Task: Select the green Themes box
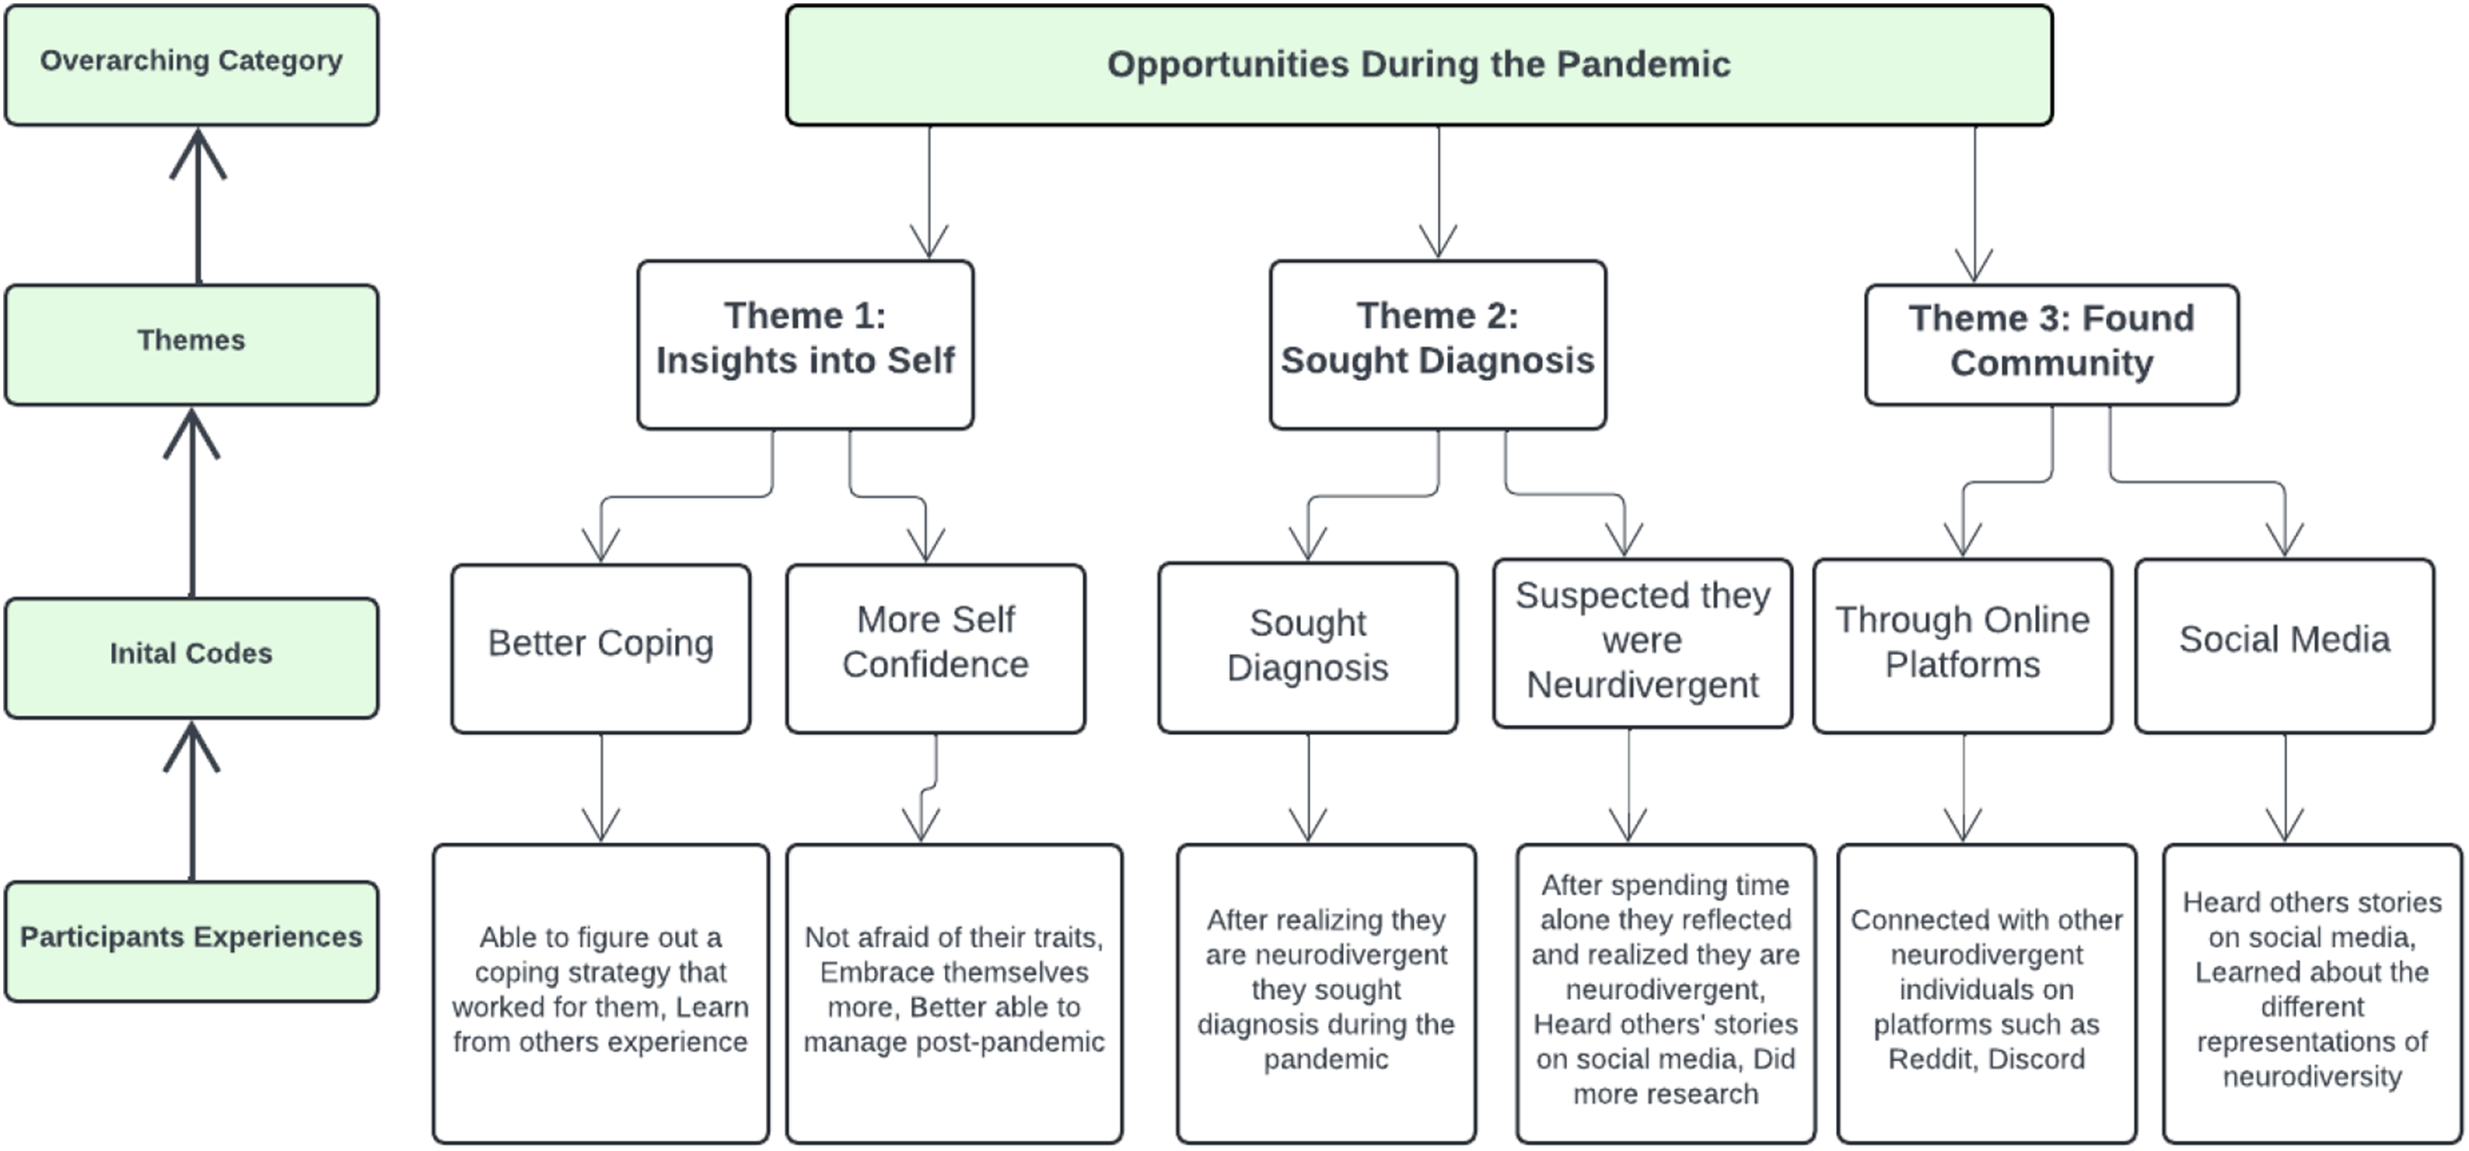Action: pyautogui.click(x=192, y=344)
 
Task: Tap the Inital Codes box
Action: pyautogui.click(x=192, y=658)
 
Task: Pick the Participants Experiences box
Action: pyautogui.click(x=192, y=941)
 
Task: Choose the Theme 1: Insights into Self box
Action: pyautogui.click(x=805, y=344)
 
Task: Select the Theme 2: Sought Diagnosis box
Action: pyautogui.click(x=1437, y=344)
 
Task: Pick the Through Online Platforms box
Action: pyautogui.click(x=1963, y=646)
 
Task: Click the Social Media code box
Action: pyautogui.click(x=2285, y=646)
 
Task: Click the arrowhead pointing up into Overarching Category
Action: pyautogui.click(x=198, y=153)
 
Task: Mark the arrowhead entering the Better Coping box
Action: pyautogui.click(x=601, y=545)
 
